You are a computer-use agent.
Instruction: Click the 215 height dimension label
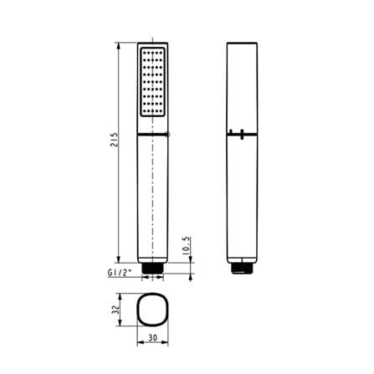[115, 140]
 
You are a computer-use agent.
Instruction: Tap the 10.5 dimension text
[187, 246]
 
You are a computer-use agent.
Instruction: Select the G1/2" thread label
[120, 273]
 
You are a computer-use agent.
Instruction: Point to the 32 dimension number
[115, 310]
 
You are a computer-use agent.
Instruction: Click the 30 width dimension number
[152, 338]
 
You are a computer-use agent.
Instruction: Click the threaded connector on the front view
[152, 269]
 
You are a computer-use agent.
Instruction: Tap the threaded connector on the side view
[242, 269]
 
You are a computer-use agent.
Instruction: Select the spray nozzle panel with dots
[152, 82]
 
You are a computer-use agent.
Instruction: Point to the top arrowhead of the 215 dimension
[119, 45]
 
